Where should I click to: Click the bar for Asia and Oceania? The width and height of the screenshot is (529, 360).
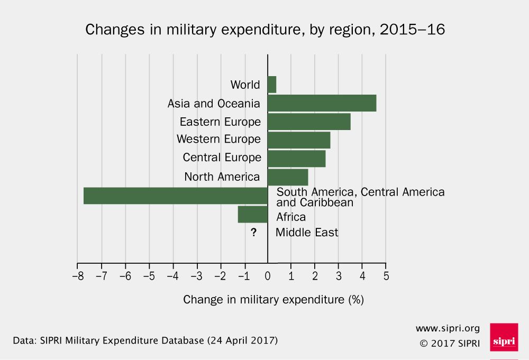coord(322,103)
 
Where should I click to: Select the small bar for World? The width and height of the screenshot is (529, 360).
coord(272,85)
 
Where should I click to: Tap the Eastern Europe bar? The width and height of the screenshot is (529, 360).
coord(309,122)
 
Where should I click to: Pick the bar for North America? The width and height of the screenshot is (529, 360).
coord(288,177)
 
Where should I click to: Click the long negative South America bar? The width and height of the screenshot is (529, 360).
coord(176,196)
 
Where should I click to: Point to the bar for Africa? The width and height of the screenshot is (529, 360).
coord(253,215)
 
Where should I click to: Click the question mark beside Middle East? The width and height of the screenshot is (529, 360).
coord(254,232)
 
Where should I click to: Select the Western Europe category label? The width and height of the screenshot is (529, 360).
coord(218,139)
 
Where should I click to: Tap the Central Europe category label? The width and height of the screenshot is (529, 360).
coord(222,158)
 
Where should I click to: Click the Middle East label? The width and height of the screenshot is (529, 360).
coord(307,232)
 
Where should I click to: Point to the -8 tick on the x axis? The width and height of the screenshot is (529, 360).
coord(77,275)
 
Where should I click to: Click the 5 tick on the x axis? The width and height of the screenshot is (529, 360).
coord(386,275)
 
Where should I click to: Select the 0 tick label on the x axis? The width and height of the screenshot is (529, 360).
coord(268,275)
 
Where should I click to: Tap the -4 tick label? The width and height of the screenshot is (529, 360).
coord(172,275)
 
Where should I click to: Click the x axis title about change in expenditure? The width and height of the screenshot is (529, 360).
coord(273,300)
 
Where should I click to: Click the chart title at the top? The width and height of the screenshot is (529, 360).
coord(265,30)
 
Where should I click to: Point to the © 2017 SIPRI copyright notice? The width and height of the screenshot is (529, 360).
coord(450,343)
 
